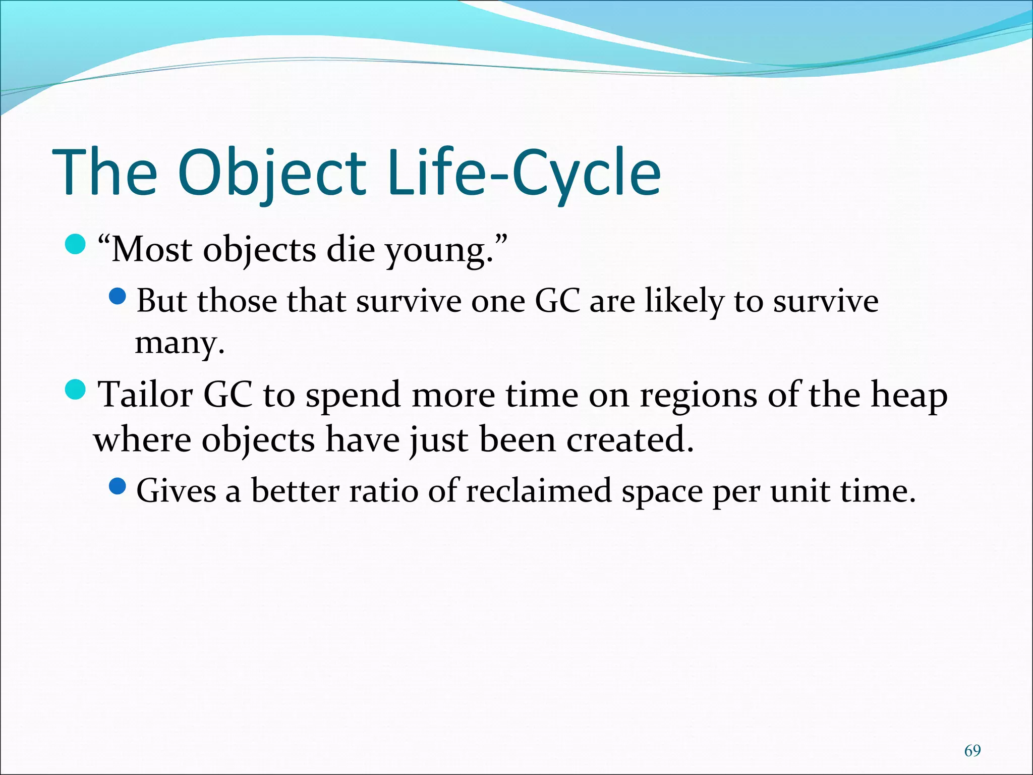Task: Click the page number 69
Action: (972, 751)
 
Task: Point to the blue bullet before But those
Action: (117, 296)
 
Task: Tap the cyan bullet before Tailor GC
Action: (76, 390)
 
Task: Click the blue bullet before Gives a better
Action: (117, 486)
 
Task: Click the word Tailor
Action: (145, 395)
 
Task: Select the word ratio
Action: (383, 491)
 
